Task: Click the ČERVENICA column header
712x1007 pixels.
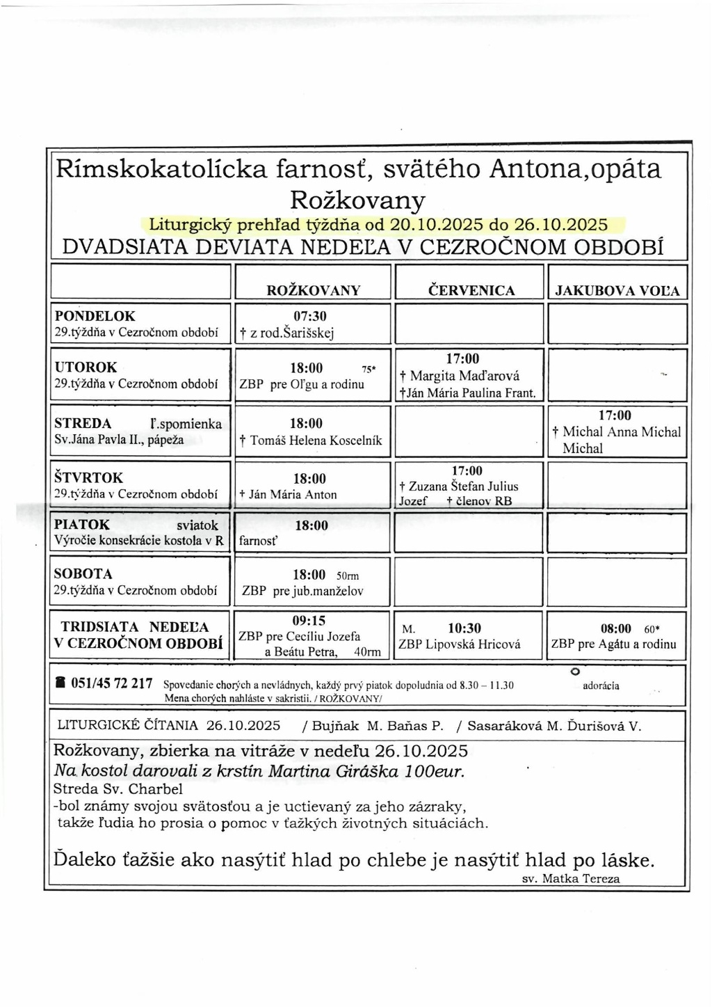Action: click(471, 290)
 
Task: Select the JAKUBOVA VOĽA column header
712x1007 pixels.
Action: click(617, 291)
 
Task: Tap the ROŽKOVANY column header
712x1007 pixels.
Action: click(314, 290)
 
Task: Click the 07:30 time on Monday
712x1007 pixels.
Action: click(310, 316)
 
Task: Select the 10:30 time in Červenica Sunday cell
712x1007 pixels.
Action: click(464, 628)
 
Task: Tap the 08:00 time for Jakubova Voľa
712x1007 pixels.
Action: click(616, 628)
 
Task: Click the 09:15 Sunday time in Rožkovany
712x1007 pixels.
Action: click(309, 620)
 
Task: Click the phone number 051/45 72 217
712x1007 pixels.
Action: click(111, 683)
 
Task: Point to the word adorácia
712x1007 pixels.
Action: click(601, 685)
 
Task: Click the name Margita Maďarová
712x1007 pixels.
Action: click(464, 376)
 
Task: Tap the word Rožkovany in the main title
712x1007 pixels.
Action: click(357, 200)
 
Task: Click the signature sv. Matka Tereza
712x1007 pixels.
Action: click(570, 878)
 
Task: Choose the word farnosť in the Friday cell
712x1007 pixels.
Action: click(259, 541)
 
